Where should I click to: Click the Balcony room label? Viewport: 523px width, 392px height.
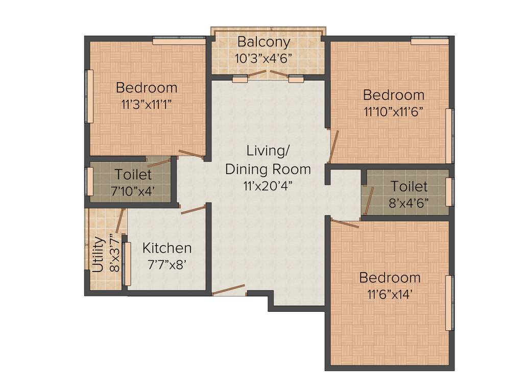pyautogui.click(x=264, y=42)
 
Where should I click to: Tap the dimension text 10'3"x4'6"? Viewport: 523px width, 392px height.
pyautogui.click(x=263, y=58)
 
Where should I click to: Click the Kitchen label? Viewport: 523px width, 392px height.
pyautogui.click(x=167, y=249)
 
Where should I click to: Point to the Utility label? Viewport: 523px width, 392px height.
pyautogui.click(x=98, y=254)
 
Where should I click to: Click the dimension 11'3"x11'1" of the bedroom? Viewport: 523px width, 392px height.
pyautogui.click(x=146, y=105)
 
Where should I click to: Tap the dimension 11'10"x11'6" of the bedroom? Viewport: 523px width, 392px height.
pyautogui.click(x=393, y=112)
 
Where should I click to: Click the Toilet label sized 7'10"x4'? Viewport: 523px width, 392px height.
pyautogui.click(x=133, y=175)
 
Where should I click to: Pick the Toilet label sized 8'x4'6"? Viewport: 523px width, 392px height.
pyautogui.click(x=409, y=186)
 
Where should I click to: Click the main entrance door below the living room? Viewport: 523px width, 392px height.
pyautogui.click(x=229, y=290)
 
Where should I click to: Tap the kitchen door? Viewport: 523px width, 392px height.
pyautogui.click(x=193, y=209)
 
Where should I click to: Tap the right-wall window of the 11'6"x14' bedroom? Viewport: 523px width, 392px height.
pyautogui.click(x=449, y=303)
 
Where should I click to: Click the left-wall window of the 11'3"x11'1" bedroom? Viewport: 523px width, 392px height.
pyautogui.click(x=89, y=96)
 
